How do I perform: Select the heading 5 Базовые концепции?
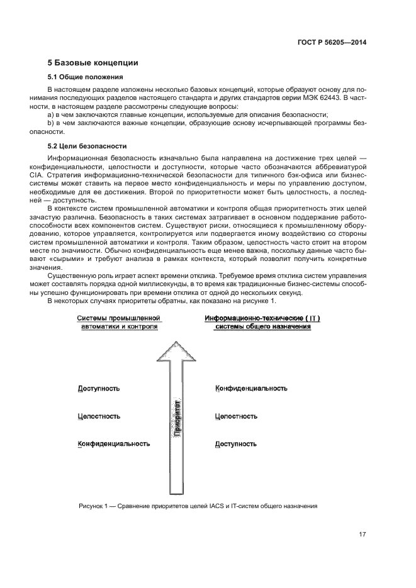93,63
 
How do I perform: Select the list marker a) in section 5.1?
51,115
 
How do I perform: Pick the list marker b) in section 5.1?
51,124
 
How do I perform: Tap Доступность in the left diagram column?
99,389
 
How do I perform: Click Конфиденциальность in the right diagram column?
251,389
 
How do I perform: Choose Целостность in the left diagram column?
99,416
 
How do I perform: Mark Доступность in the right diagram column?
236,444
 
